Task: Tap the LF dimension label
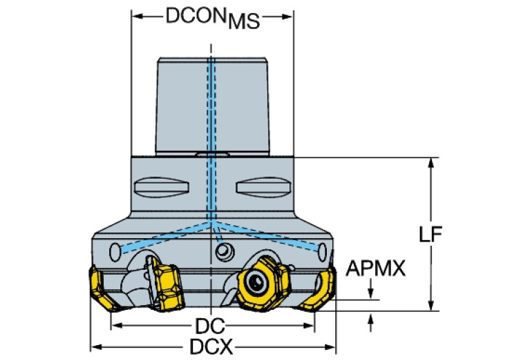[430, 234]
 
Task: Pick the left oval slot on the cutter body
[160, 187]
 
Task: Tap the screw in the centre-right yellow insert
[256, 282]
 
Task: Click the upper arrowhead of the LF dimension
[432, 163]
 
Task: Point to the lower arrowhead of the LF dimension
[432, 306]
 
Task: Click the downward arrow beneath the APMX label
[374, 293]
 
